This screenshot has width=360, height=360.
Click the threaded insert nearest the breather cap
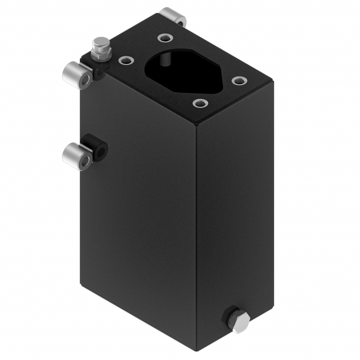(x=125, y=61)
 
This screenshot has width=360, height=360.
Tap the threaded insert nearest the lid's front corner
(x=200, y=103)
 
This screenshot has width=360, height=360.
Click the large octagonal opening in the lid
(x=185, y=70)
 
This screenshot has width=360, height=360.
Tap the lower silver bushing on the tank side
(x=76, y=156)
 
